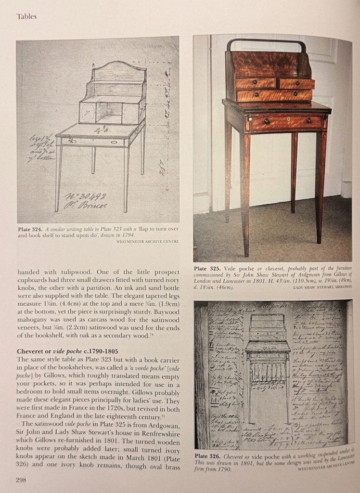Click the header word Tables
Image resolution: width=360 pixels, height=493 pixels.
click(27, 16)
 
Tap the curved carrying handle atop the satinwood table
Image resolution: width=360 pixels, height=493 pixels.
click(266, 43)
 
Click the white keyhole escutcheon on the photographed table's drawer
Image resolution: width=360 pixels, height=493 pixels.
click(288, 119)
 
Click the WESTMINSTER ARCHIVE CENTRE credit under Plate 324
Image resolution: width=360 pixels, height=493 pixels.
click(147, 242)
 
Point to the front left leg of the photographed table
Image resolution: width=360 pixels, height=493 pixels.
click(245, 193)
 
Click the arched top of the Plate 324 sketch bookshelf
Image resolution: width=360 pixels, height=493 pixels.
click(120, 65)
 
